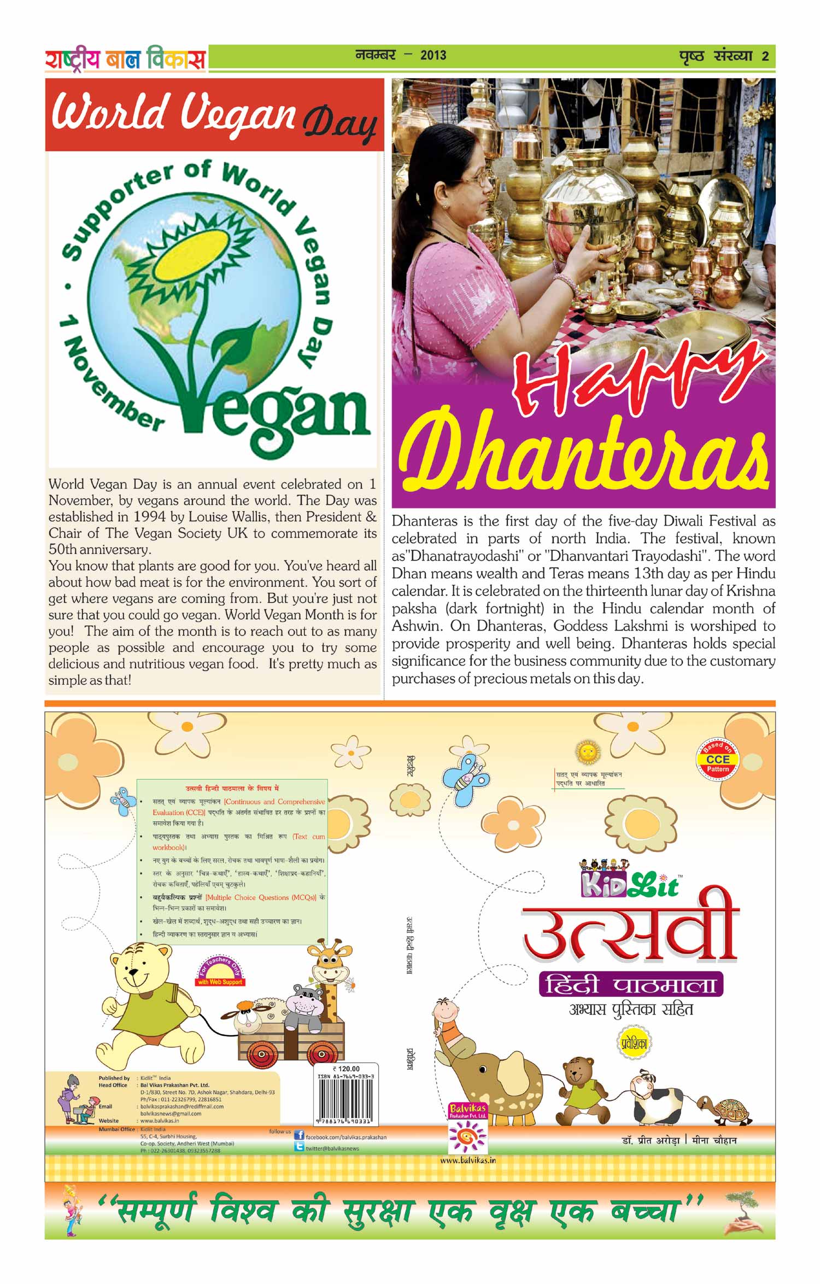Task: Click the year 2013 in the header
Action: (x=433, y=55)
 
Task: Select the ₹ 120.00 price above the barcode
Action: (x=346, y=1069)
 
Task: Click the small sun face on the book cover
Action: (x=588, y=752)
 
